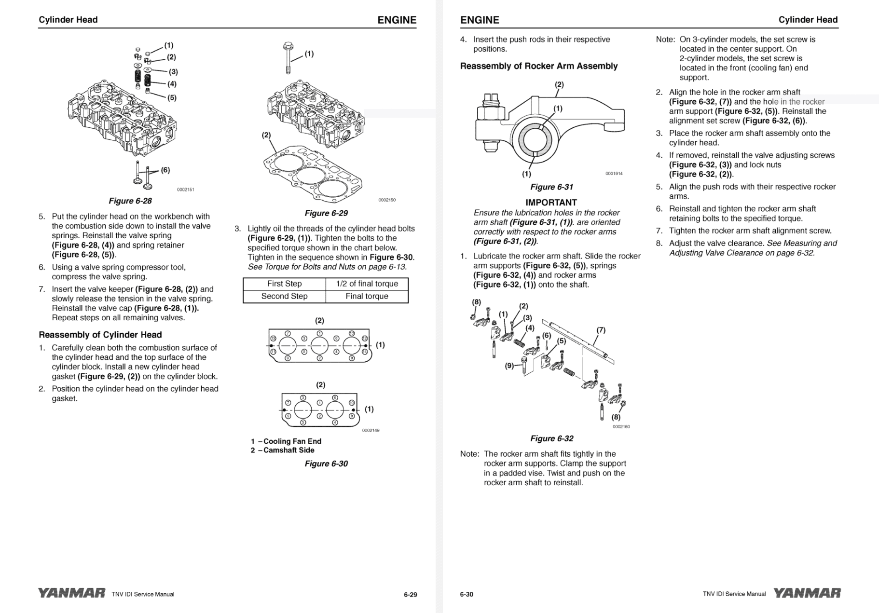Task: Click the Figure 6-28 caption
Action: click(130, 201)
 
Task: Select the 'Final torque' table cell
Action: click(367, 296)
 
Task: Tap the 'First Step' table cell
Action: click(284, 284)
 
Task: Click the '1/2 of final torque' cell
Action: click(367, 284)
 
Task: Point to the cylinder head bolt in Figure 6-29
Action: click(288, 58)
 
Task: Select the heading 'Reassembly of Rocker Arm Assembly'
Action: click(538, 66)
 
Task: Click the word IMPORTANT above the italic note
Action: click(551, 203)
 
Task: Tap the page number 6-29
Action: click(410, 594)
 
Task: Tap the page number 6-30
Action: click(467, 594)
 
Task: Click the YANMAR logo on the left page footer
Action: click(71, 593)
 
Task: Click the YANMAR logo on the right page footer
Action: click(807, 593)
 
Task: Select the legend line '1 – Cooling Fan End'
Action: click(286, 441)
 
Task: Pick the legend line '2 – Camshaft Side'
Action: click(282, 450)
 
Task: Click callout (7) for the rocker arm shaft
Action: click(601, 330)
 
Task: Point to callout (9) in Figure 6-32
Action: click(509, 366)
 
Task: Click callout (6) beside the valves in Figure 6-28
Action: click(165, 170)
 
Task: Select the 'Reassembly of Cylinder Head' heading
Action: click(100, 335)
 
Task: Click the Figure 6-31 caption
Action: click(551, 187)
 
